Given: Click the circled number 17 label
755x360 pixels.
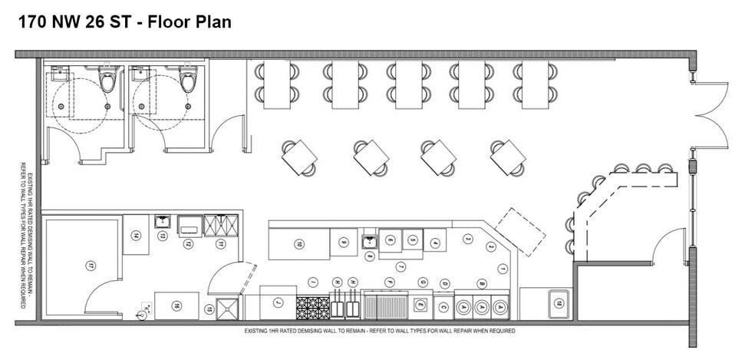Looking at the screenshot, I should pyautogui.click(x=90, y=266).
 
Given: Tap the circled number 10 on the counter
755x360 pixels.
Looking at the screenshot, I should pyautogui.click(x=298, y=244).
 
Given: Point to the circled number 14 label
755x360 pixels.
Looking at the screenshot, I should pyautogui.click(x=135, y=236).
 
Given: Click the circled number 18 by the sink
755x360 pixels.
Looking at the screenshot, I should pyautogui.click(x=559, y=303).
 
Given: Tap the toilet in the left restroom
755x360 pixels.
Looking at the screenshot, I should pyautogui.click(x=107, y=78).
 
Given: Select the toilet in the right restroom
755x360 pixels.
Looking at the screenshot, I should pyautogui.click(x=187, y=78).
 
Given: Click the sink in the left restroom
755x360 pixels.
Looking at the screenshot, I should pyautogui.click(x=58, y=74).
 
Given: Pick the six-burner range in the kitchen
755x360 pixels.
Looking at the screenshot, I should pyautogui.click(x=312, y=308).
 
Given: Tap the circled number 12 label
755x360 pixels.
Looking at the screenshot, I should pyautogui.click(x=186, y=243).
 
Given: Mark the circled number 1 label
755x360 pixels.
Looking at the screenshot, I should pyautogui.click(x=502, y=268).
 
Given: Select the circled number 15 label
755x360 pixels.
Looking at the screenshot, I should pyautogui.click(x=208, y=309).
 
